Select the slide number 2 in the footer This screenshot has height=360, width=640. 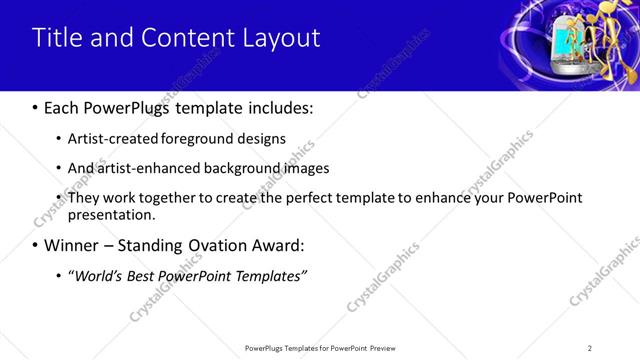[590, 348]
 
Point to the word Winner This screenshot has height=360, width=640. [75, 245]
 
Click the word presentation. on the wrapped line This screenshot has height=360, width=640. [112, 214]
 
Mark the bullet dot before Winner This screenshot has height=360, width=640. [37, 245]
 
